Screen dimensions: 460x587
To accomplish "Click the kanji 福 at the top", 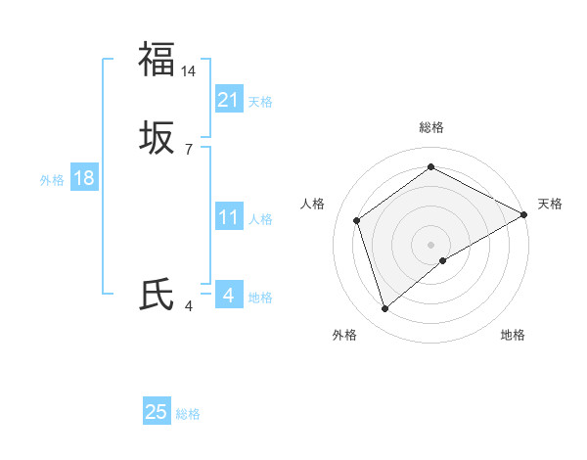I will (157, 59).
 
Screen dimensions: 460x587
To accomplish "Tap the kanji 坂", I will (157, 139).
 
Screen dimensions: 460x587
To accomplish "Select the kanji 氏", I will (157, 295).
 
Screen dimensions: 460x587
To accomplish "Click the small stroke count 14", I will (189, 71).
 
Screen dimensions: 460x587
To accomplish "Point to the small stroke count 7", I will (189, 150).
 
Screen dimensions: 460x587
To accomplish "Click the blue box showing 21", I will (229, 100).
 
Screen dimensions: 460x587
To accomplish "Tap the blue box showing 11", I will (229, 217).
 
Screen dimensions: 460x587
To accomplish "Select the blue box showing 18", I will (84, 178).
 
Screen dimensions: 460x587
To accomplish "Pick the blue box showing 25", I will (157, 412).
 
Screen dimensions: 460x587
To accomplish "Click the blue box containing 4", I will (229, 295).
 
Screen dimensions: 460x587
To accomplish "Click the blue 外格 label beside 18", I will (52, 180).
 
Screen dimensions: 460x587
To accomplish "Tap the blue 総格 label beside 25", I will (188, 414).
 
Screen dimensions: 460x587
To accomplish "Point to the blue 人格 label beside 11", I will (260, 219).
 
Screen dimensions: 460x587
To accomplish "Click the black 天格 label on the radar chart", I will (550, 204).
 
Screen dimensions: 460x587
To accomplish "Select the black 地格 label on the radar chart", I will (513, 335).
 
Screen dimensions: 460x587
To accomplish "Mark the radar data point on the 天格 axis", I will (524, 213).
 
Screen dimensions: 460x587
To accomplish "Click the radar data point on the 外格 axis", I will (384, 309).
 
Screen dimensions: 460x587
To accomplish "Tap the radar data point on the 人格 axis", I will (357, 220).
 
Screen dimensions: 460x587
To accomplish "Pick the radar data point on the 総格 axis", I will (430, 167).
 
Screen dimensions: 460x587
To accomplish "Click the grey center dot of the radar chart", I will (430, 244).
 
